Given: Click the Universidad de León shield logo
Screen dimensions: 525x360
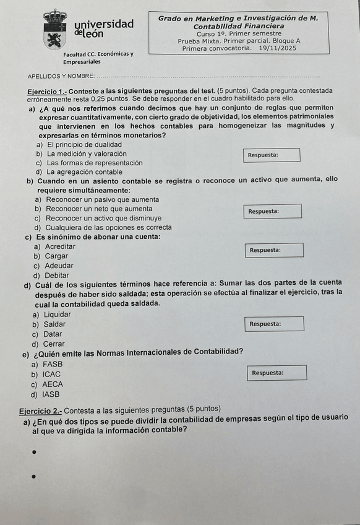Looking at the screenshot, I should point(56,28).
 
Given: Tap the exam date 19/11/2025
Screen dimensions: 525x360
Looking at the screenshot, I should point(278,48).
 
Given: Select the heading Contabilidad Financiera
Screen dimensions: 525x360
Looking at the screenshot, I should point(239,27).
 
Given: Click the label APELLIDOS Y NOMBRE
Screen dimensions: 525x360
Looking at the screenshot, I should point(61,76).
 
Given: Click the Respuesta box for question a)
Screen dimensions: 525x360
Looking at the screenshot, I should point(273,155).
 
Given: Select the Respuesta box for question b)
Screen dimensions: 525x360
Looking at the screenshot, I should point(273,211).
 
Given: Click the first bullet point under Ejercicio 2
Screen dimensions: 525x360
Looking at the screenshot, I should point(34,453).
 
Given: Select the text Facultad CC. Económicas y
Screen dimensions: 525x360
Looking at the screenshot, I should point(98,54).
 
